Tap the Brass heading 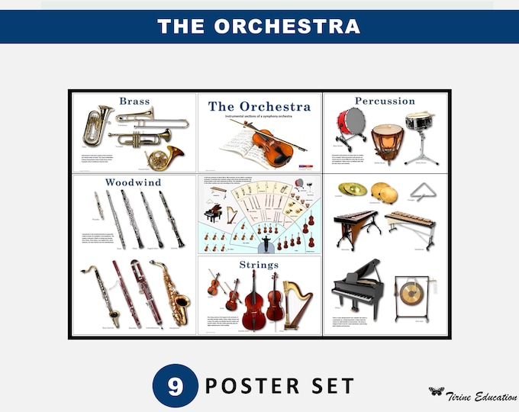click(x=134, y=101)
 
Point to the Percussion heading click(x=385, y=101)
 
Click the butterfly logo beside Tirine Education click(x=436, y=391)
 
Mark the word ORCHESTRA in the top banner click(x=285, y=27)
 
